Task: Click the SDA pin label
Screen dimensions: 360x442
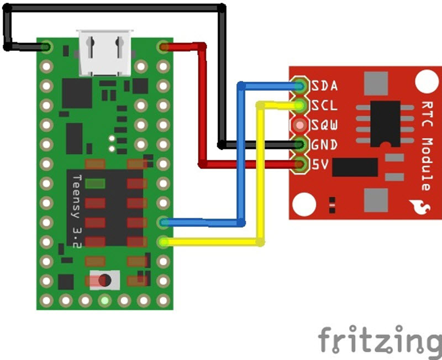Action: [x=325, y=86]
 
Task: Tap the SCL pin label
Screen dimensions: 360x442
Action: [x=325, y=106]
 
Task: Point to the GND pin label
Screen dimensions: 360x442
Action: [x=325, y=145]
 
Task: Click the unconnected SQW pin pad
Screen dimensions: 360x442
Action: [x=300, y=125]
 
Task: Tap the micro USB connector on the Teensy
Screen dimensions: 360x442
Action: [x=106, y=53]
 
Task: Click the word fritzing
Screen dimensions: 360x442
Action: [x=380, y=338]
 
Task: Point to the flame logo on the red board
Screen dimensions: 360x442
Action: [x=419, y=208]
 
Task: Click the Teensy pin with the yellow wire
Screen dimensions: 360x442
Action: [x=163, y=242]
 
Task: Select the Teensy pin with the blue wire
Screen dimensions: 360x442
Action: [x=163, y=222]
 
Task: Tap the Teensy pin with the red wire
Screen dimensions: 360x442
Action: [x=163, y=47]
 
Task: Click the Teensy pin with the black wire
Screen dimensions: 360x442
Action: [x=46, y=47]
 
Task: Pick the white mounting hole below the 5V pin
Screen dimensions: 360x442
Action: [x=303, y=204]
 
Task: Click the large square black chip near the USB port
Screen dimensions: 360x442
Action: [x=77, y=93]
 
